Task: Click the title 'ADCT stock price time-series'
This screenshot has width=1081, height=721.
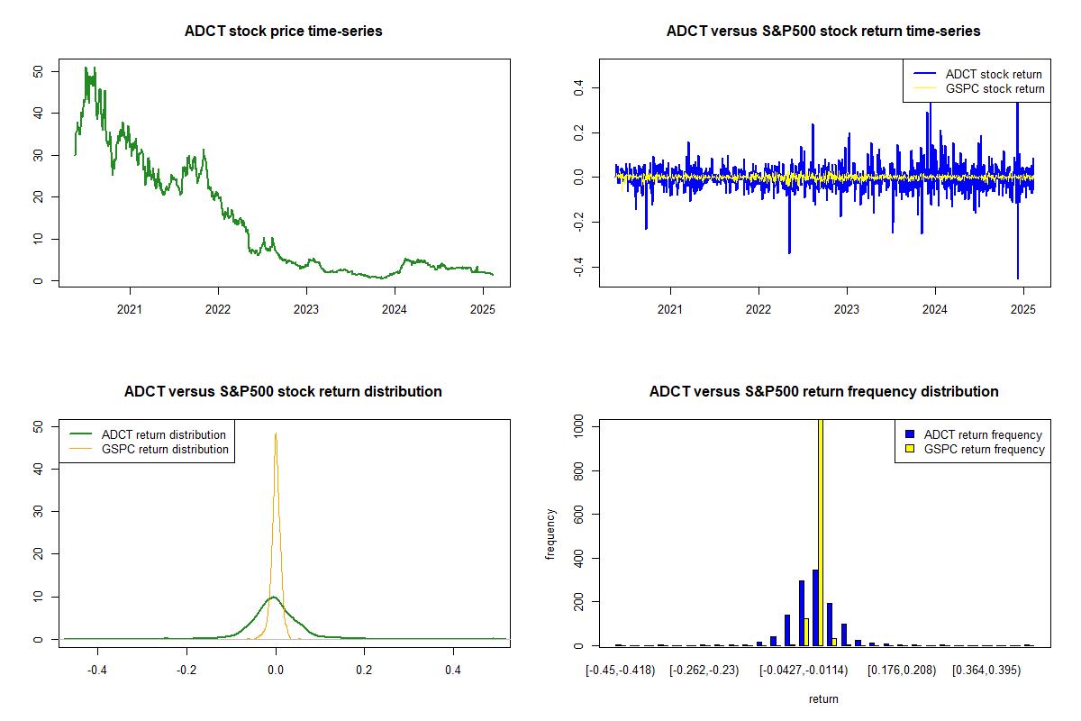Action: tap(284, 32)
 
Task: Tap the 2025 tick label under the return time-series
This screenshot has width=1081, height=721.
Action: tap(1022, 308)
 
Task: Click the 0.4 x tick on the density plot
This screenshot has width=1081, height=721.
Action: tap(453, 670)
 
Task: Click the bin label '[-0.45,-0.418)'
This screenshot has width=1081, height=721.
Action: tap(618, 670)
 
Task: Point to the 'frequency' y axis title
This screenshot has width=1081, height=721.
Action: tap(552, 534)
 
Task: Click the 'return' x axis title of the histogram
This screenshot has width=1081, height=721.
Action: tap(823, 698)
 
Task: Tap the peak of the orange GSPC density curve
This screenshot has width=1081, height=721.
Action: tap(276, 434)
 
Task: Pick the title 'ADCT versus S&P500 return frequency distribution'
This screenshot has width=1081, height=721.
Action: tap(823, 392)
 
